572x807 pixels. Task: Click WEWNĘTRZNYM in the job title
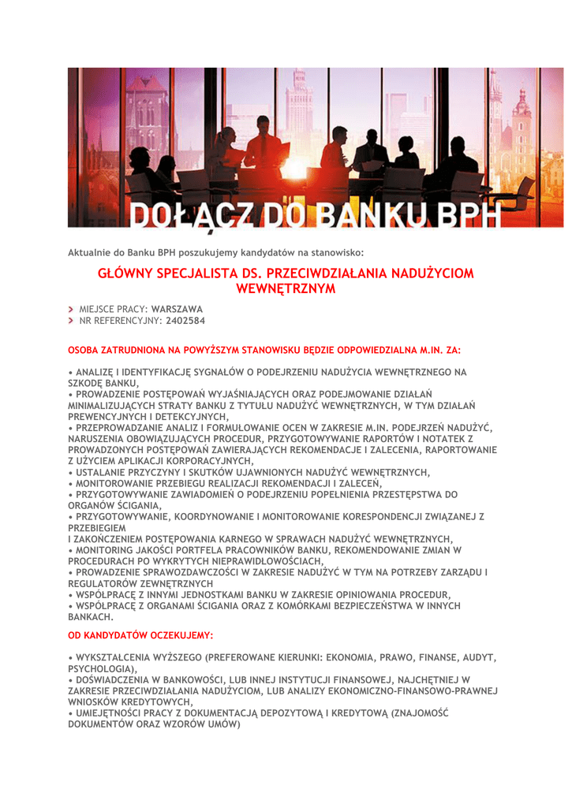(286, 289)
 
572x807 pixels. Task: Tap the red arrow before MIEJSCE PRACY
(71, 308)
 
